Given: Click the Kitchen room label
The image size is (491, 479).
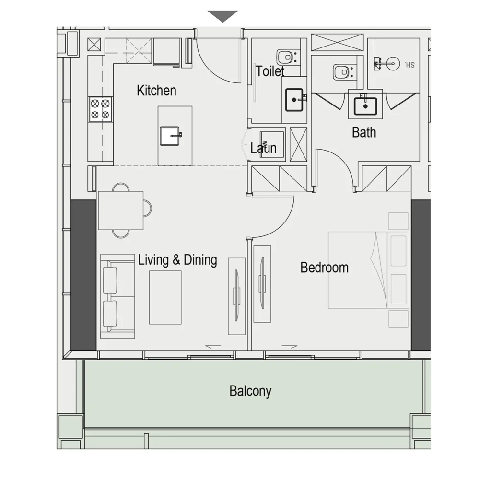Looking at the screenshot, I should point(156,91).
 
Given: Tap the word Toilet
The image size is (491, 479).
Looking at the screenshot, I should point(270,71).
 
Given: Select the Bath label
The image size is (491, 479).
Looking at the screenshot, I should point(364,132).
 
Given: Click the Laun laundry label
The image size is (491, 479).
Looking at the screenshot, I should point(263,148).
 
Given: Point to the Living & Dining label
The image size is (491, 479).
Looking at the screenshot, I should point(177,260).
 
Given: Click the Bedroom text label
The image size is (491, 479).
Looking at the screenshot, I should point(324,268).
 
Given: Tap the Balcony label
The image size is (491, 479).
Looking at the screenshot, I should point(250,391).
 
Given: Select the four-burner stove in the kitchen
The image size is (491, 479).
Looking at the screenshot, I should point(100,109).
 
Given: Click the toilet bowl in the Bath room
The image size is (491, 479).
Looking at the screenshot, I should point(342,72).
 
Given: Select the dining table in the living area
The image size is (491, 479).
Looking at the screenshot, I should point(120,210).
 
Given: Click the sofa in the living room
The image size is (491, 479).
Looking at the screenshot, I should point(117,296).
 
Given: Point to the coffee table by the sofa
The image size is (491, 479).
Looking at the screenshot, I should point(165,297).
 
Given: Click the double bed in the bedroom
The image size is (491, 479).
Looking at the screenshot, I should point(368,270).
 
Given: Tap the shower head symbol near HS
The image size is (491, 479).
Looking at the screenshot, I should point(392,62).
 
